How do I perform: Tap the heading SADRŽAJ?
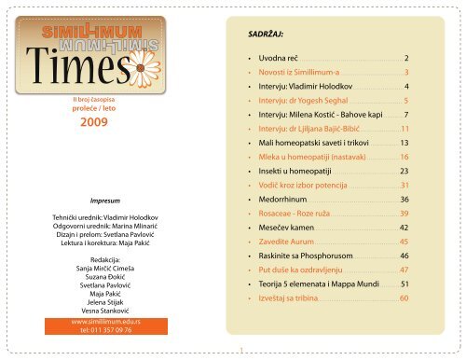(x=260, y=31)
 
